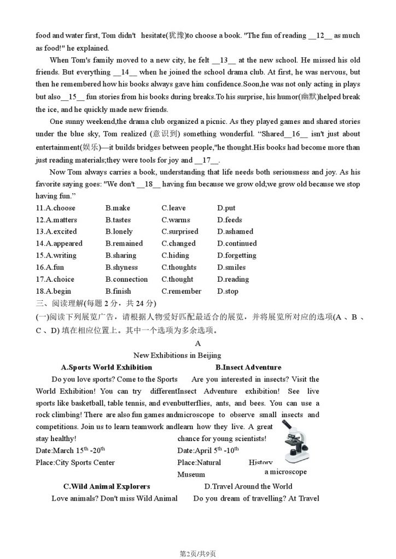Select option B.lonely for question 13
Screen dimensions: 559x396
coord(119,231)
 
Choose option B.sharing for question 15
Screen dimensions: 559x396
coord(121,255)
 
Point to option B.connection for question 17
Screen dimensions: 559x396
coord(126,279)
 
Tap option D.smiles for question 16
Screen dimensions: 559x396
coord(231,267)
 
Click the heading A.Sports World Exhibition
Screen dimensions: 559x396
coord(106,367)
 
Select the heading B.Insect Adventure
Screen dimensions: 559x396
coord(248,367)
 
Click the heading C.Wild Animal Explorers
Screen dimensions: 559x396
coord(106,486)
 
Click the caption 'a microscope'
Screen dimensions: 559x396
coord(285,472)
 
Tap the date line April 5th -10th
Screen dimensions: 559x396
coord(208,450)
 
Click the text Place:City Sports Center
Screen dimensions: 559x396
coord(75,462)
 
